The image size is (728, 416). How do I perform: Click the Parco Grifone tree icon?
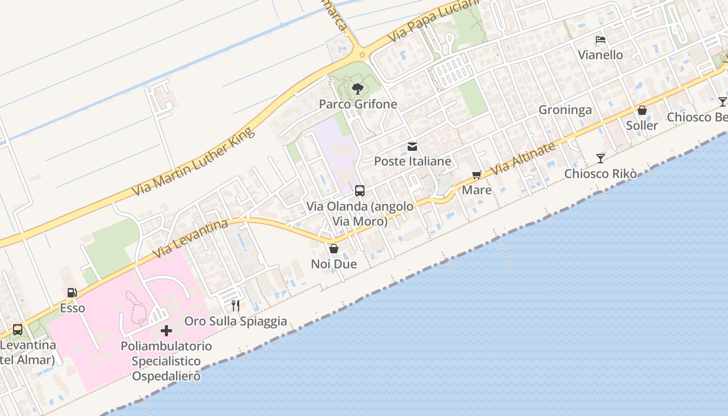pos(357,89)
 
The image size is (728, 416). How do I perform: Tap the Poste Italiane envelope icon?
pos(412,147)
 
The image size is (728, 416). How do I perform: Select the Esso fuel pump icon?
pos(72,293)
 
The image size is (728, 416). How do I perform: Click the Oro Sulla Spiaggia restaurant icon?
pos(236,305)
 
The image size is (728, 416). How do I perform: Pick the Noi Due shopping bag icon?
pos(334,249)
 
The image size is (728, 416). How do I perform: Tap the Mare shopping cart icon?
pos(476,175)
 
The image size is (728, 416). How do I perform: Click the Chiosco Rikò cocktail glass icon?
pos(601,158)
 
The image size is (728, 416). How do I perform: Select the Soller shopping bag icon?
pos(642,110)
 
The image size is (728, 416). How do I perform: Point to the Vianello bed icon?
pos(601,40)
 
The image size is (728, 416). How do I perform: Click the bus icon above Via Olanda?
pos(360,191)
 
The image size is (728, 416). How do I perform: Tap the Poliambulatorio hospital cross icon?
pos(166,330)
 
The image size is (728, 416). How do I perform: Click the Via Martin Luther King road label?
pos(193,162)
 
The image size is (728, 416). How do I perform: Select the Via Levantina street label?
pos(191,239)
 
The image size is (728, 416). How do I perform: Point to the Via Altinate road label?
pos(523,158)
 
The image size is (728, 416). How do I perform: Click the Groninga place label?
pos(565,110)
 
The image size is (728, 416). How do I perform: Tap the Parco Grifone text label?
pos(358,104)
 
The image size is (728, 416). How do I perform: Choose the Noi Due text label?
pos(334,264)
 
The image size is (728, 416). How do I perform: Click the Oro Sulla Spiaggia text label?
pos(236,321)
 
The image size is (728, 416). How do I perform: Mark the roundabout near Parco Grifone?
pos(360,54)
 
